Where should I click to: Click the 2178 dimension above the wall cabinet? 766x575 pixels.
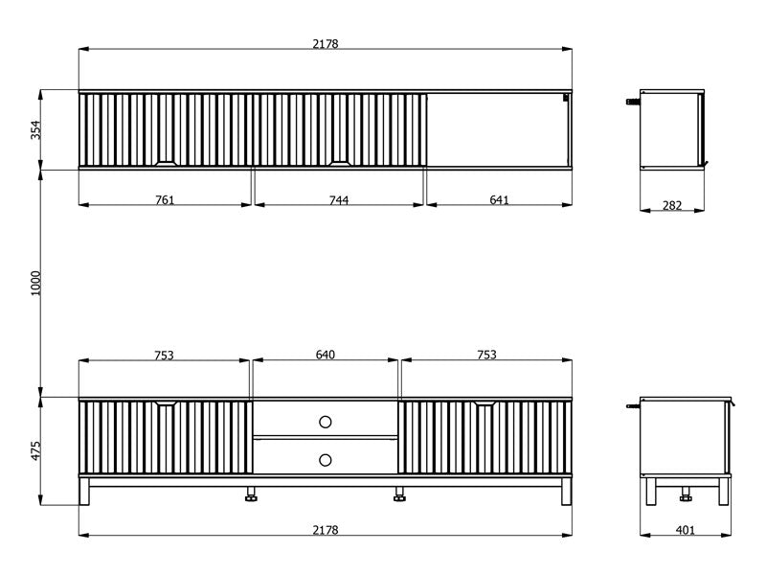326,44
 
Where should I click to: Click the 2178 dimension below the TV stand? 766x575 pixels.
326,530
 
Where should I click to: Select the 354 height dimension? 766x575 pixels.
36,130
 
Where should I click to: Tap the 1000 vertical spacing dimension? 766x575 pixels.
36,283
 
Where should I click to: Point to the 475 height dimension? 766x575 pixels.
36,450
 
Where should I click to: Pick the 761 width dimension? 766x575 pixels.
165,200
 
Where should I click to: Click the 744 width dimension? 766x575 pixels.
339,200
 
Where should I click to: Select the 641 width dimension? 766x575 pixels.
499,200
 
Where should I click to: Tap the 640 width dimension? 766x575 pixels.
326,355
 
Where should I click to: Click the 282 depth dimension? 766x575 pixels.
672,205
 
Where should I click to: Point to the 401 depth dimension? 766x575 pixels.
686,530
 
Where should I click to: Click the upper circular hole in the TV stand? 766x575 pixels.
326,422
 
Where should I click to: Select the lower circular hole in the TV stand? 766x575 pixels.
326,460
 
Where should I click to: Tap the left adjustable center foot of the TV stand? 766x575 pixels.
251,494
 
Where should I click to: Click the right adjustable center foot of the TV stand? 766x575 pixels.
399,494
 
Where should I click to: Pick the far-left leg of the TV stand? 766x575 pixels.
84,492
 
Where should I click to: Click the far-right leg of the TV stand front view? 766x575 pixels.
566,492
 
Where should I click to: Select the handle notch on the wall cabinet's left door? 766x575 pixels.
165,163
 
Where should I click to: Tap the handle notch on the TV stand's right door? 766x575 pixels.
485,403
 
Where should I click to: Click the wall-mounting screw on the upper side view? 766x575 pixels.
633,102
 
